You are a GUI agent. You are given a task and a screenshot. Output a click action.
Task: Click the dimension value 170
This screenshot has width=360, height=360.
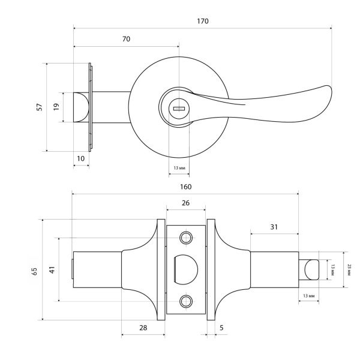pos(202,21)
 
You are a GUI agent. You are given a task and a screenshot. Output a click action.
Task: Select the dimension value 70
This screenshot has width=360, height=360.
pos(126,39)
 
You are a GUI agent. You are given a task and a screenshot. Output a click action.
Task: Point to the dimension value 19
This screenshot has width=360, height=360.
pos(56,107)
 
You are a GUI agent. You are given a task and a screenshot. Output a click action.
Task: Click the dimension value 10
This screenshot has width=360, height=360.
pos(81,158)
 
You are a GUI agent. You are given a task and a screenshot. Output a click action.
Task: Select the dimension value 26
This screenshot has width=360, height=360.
pos(185,203)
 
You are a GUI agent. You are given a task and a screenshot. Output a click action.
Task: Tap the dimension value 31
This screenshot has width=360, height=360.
pos(274,227)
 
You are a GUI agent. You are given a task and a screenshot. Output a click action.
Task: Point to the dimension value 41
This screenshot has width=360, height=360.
pos(52,270)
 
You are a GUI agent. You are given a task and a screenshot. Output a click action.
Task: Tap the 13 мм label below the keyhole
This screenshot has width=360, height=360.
pos(178,167)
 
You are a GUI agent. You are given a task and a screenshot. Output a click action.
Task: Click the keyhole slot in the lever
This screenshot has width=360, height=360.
pos(179,109)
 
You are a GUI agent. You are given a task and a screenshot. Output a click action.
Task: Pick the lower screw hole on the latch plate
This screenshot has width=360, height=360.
pos(185,301)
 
